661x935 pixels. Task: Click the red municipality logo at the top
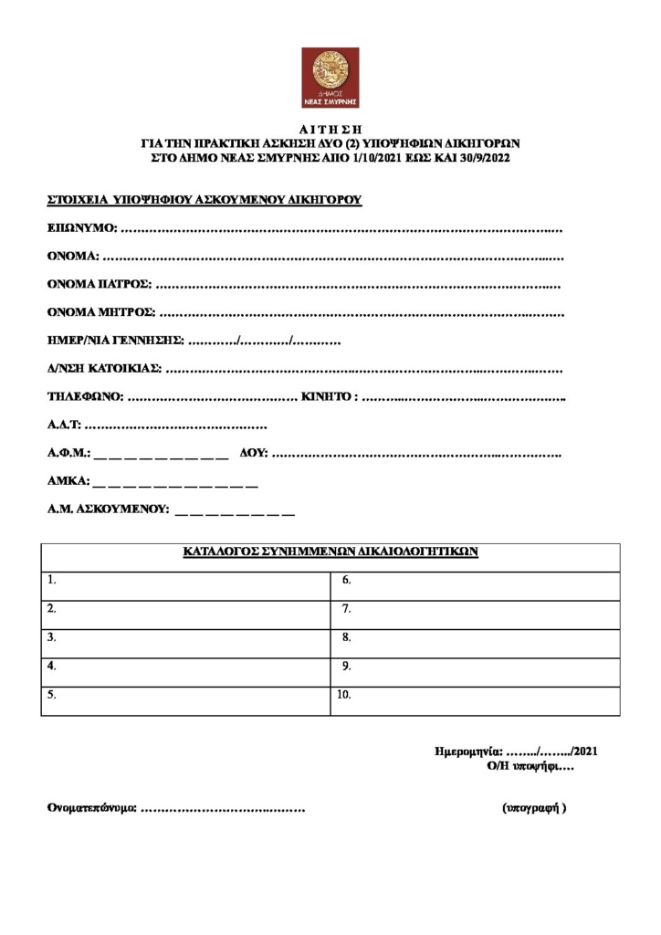tap(330, 78)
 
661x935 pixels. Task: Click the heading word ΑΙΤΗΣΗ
tap(330, 130)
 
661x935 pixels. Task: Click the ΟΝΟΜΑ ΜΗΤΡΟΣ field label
tap(101, 312)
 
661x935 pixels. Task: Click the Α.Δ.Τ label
tap(65, 426)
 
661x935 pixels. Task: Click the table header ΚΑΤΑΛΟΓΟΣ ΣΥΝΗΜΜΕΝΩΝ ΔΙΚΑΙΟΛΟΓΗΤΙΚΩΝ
tap(330, 552)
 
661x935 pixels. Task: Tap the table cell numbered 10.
tap(476, 700)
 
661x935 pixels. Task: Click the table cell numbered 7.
tap(476, 615)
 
